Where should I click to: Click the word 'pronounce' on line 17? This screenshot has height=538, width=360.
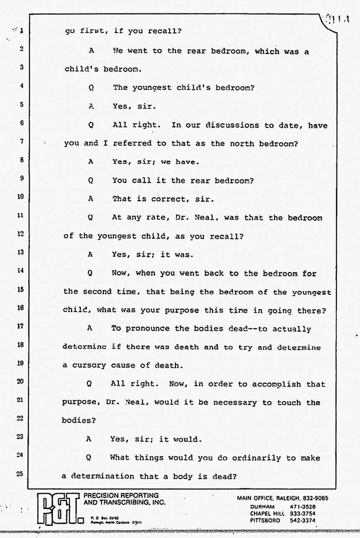coord(146,328)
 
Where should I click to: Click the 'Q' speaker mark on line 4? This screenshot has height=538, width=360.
coord(91,88)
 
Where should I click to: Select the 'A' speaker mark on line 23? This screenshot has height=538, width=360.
coord(89,439)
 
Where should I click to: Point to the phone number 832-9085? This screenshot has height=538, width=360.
coord(314,498)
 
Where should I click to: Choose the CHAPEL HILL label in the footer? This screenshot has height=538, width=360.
coord(267,513)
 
